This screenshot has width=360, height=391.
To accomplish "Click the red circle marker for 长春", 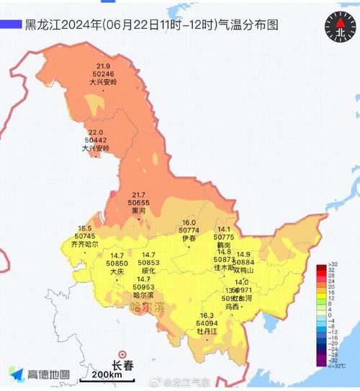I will (x=122, y=354).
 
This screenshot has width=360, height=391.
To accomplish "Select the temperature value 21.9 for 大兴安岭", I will (x=102, y=66).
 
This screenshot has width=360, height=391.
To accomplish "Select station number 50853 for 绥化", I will (x=148, y=264).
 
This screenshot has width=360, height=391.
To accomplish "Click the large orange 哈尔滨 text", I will (x=148, y=307).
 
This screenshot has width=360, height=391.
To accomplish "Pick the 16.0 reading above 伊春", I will (x=189, y=223).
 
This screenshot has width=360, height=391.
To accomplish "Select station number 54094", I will (x=207, y=323).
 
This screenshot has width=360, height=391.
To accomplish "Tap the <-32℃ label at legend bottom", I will (x=336, y=365).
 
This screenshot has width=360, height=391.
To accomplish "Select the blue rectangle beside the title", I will (x=11, y=24).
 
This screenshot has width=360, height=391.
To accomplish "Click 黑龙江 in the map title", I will (x=41, y=24).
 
